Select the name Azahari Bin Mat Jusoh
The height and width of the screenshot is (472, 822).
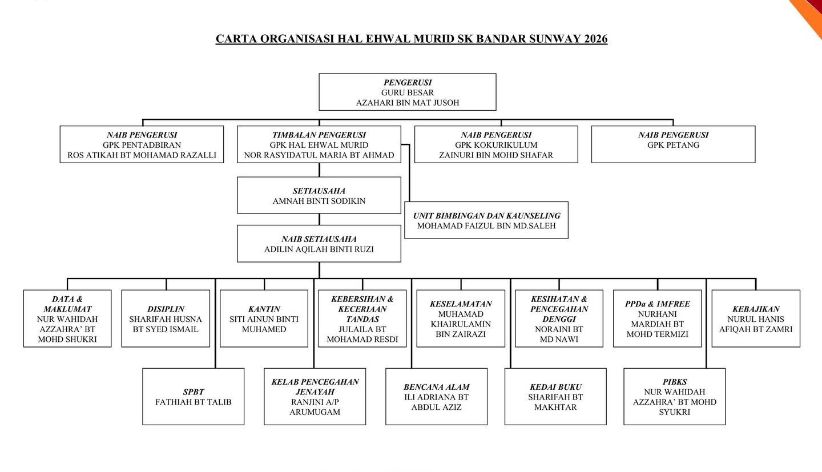(407, 103)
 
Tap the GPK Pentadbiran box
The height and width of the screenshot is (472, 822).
(142, 144)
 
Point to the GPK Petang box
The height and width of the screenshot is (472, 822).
(673, 144)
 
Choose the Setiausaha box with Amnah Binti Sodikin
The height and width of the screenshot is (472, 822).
(319, 195)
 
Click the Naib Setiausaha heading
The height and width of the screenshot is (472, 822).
(319, 239)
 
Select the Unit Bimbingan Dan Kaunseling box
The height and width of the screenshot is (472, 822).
(486, 220)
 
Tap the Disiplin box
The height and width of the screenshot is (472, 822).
(166, 318)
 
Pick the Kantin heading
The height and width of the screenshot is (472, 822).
(264, 309)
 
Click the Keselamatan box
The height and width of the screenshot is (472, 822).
(461, 318)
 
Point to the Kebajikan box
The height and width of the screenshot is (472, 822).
(756, 318)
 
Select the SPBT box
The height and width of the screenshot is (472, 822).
(194, 397)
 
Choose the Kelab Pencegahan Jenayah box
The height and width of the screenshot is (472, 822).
(315, 397)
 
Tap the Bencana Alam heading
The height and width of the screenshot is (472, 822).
(437, 387)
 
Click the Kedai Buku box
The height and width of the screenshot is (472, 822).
(555, 397)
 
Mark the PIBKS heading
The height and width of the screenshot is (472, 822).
(675, 382)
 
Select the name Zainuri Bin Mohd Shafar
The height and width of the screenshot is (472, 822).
(496, 155)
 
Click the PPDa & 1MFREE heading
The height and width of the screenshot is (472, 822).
(658, 304)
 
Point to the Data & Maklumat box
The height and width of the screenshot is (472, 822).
(67, 318)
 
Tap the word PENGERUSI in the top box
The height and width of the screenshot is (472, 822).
(407, 83)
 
